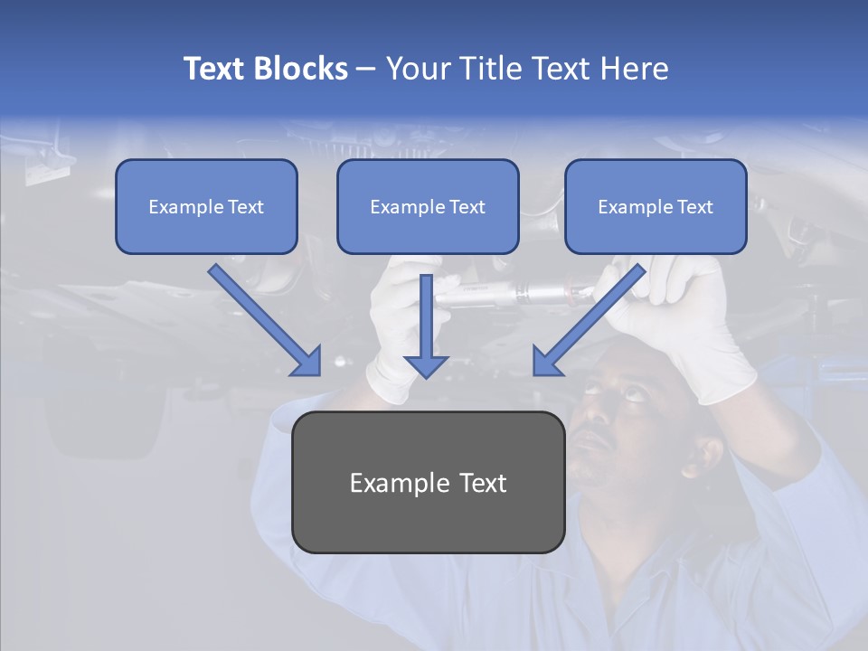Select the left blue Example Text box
[x=206, y=206]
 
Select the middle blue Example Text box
[x=428, y=206]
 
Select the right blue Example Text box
[x=656, y=206]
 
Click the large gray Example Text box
[x=428, y=482]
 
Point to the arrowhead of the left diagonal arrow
[x=307, y=362]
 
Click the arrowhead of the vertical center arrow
[x=426, y=366]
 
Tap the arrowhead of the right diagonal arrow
[x=545, y=362]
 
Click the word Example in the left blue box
[x=178, y=206]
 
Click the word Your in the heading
[x=417, y=69]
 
